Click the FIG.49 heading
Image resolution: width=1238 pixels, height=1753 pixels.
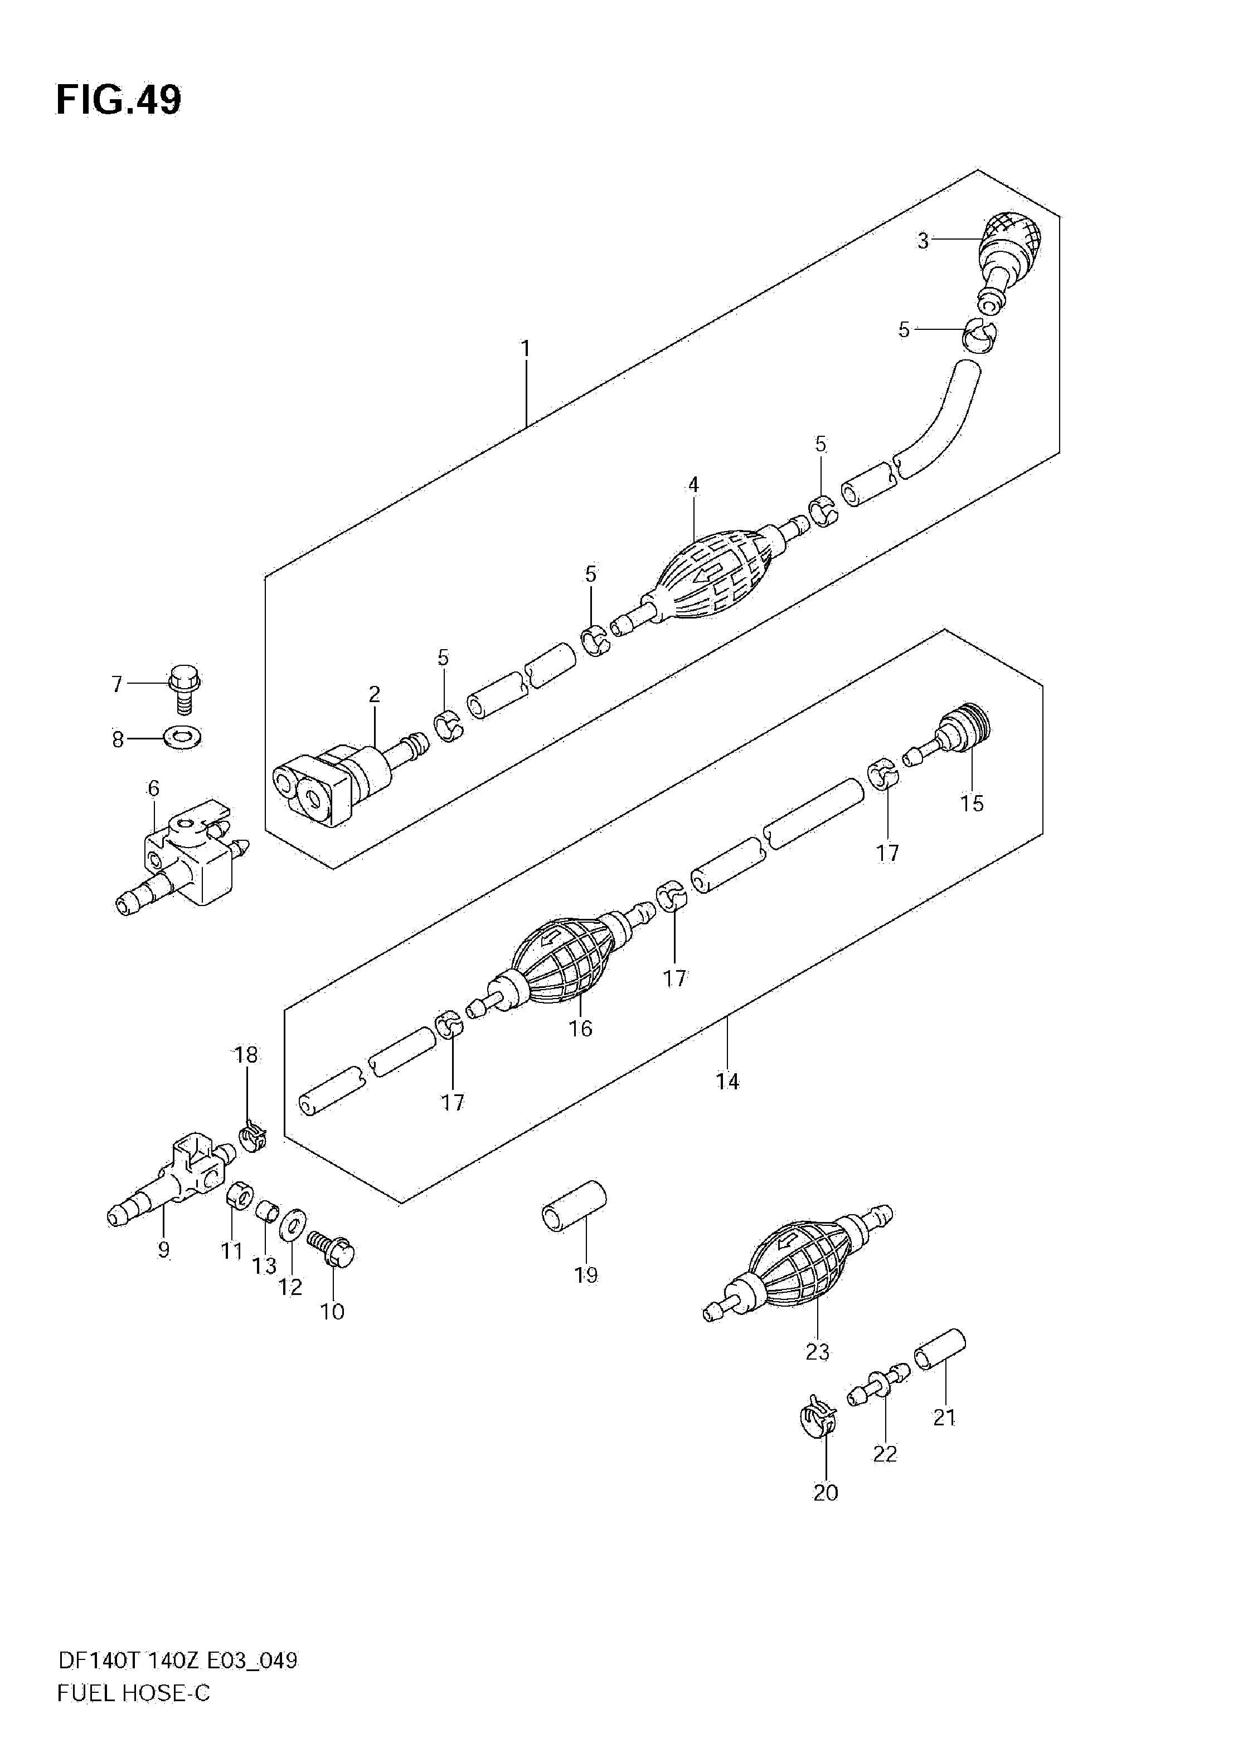119,100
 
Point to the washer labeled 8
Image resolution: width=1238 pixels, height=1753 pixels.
182,738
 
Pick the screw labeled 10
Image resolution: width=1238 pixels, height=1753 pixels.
332,1250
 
